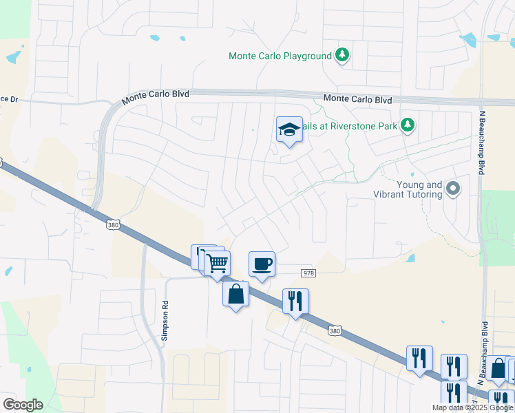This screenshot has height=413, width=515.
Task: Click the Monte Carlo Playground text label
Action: (280, 56)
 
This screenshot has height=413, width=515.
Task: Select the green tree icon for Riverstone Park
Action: (408, 125)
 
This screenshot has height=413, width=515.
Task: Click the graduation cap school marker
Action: (289, 129)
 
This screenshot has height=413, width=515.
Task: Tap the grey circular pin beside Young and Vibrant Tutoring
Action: (452, 188)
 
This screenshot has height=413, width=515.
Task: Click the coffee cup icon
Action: (262, 264)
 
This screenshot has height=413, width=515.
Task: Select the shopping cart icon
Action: (218, 263)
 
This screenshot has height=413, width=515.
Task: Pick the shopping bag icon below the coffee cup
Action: (235, 294)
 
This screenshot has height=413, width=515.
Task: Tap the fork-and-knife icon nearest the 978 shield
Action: (295, 301)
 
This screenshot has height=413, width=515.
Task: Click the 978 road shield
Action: (308, 273)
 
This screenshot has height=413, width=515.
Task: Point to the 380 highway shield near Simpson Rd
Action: (114, 224)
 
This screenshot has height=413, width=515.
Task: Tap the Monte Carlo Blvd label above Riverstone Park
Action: (357, 99)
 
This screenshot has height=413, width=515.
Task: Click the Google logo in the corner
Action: (23, 405)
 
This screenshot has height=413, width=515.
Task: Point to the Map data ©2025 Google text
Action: (472, 407)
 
